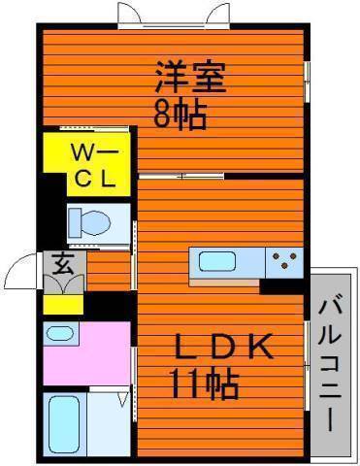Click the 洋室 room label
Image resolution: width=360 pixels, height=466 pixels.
(x=190, y=77)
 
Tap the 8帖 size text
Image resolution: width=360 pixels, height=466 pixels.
(x=180, y=115)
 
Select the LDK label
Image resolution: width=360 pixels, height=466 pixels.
(x=224, y=347)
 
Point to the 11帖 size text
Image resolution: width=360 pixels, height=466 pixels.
(x=205, y=383)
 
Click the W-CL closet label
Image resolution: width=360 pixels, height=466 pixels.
(x=94, y=167)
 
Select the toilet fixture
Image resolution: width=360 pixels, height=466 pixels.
(x=90, y=222)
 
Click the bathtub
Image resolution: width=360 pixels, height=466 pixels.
(x=64, y=424)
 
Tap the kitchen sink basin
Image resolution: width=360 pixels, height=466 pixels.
(x=216, y=261)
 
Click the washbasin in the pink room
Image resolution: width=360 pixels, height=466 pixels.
(x=59, y=333)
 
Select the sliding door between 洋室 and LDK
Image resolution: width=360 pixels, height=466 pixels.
(x=181, y=177)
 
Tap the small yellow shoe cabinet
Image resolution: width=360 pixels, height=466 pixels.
(x=63, y=304)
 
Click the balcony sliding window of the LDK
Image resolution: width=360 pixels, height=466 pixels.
(x=307, y=366)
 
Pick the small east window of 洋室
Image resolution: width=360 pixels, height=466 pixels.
(x=307, y=82)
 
